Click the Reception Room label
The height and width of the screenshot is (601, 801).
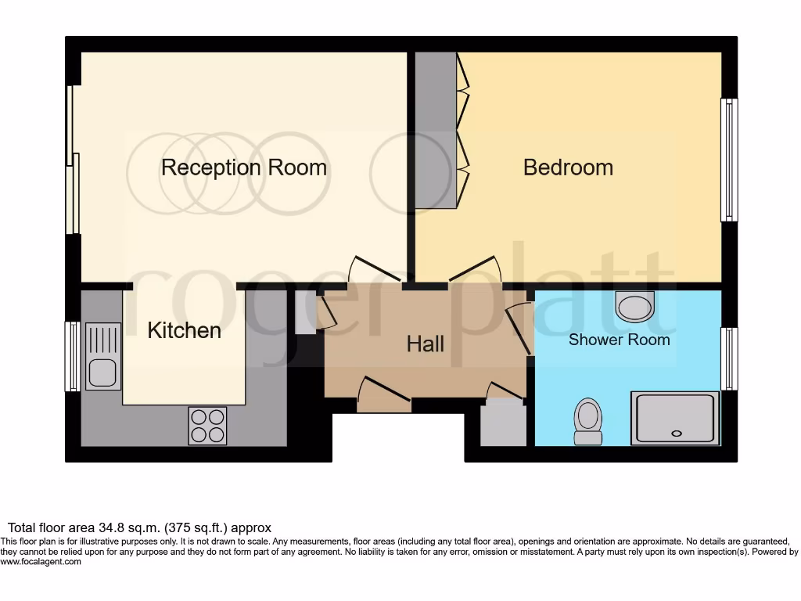(x=243, y=167)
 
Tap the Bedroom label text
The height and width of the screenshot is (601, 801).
(x=568, y=167)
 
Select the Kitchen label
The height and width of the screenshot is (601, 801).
(x=184, y=331)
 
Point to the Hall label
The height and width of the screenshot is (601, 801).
(x=426, y=344)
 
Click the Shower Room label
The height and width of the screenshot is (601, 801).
(x=619, y=340)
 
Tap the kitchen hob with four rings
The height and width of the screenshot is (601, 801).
(x=207, y=426)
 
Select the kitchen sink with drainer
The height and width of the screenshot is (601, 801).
(x=103, y=356)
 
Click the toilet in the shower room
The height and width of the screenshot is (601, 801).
(x=587, y=420)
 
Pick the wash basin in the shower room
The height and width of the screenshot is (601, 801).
(x=634, y=306)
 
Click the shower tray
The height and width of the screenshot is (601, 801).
(x=675, y=418)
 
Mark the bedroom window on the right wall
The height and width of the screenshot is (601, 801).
(x=728, y=160)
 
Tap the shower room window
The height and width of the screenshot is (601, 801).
(x=728, y=358)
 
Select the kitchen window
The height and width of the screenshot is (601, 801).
(x=72, y=356)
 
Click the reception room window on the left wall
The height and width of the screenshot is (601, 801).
(x=73, y=160)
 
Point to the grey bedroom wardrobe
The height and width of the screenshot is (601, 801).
(x=435, y=130)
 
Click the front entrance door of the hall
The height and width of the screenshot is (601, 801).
(x=383, y=395)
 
